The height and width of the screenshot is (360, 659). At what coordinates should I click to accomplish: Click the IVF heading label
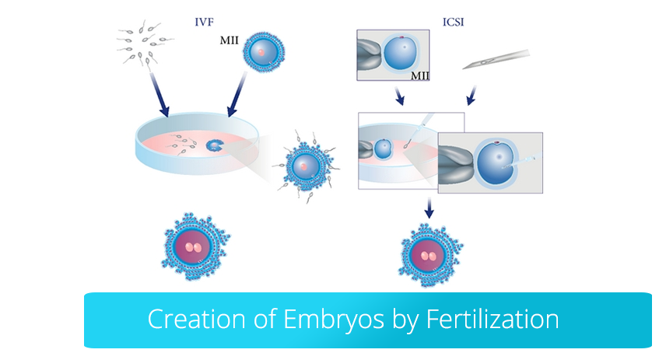point(204,22)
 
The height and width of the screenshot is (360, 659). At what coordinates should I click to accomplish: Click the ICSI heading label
point(453,22)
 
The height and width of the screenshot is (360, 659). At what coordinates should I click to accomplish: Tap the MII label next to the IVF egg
point(229,40)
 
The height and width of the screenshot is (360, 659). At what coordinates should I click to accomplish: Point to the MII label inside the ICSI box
point(419,75)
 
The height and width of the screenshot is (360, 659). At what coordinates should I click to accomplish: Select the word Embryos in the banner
point(334,320)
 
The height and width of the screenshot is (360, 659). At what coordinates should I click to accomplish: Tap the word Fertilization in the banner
point(492,319)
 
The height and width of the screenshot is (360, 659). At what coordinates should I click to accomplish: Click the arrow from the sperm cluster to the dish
point(159,94)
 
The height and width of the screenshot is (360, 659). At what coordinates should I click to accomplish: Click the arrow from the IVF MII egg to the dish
point(237,93)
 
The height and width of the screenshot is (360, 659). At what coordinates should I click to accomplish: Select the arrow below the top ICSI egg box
point(399,96)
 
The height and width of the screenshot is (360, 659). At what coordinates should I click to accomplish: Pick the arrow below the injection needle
point(471,96)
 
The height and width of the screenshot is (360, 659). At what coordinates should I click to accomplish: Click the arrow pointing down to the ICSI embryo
point(429,208)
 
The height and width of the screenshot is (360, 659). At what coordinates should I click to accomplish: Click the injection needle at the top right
point(496,59)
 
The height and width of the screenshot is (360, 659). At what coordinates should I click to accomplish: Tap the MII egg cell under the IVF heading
point(264,52)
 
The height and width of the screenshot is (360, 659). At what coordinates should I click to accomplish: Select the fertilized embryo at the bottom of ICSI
point(430,255)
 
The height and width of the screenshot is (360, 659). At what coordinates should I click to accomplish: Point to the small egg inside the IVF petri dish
point(214,145)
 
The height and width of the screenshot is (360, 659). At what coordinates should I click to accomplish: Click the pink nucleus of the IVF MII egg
point(261,53)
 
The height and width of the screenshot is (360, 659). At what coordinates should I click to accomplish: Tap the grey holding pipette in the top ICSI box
point(370,54)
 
